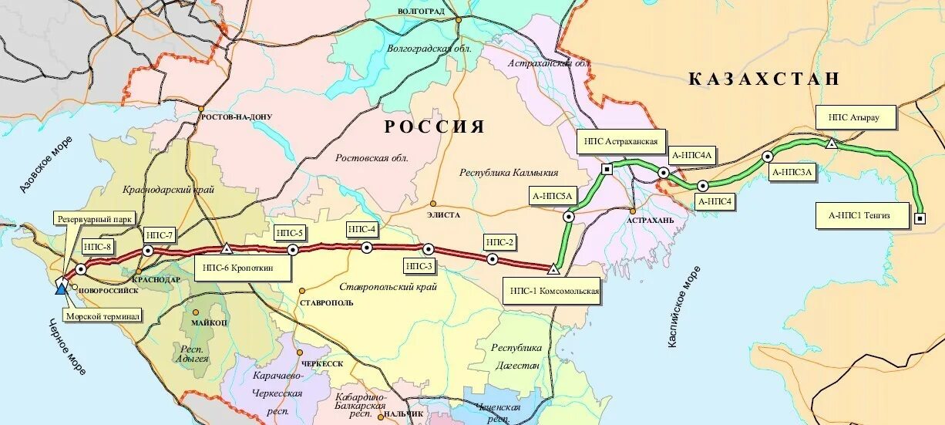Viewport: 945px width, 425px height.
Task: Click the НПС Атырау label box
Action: coord(853,118)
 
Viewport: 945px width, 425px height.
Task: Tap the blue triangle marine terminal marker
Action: coord(61,289)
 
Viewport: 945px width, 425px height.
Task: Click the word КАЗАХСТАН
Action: coord(763,79)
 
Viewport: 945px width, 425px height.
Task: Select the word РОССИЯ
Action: coord(435,126)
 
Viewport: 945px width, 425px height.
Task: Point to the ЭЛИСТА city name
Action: coord(442,214)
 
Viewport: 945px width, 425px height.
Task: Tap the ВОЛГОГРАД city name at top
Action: coord(422,12)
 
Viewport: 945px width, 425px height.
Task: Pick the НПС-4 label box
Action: coord(362,229)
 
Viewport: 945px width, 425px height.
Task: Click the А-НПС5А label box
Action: coord(552,196)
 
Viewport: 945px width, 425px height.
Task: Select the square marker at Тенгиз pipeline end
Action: coord(920,219)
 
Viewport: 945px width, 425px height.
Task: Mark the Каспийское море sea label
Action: coord(684,306)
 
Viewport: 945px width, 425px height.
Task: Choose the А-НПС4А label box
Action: coord(692,155)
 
